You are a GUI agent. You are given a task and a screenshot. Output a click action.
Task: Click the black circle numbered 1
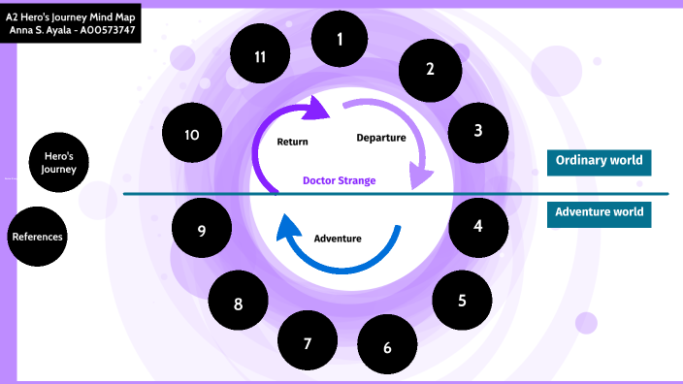tap(340, 40)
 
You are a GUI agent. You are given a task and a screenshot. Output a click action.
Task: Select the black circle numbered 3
tap(478, 129)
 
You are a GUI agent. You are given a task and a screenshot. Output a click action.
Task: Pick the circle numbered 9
tap(202, 230)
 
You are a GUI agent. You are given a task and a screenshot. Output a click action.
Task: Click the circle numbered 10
tap(192, 134)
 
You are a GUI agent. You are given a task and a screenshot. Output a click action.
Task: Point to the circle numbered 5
tap(462, 300)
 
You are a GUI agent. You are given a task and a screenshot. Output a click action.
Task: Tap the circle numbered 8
tap(239, 304)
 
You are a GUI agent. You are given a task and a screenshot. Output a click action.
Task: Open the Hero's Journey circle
tap(59, 162)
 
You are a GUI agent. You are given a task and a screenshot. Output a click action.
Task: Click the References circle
tap(38, 236)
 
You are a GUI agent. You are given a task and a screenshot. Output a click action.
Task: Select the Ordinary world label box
tap(599, 161)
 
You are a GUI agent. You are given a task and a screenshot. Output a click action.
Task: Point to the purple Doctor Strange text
tap(339, 180)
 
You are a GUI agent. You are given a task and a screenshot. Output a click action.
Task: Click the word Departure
tap(380, 138)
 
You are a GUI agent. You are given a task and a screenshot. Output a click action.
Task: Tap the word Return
tap(292, 142)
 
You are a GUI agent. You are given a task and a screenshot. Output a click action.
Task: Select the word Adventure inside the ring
tap(338, 238)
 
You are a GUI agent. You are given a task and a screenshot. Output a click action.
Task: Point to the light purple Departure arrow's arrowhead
tap(420, 176)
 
